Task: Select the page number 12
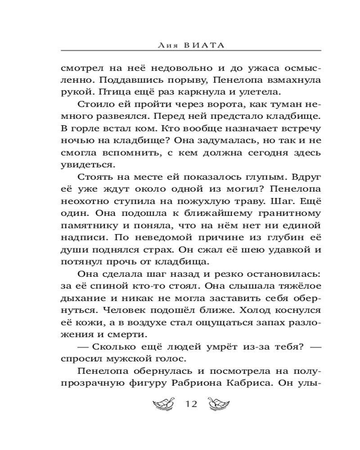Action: [192, 403]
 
